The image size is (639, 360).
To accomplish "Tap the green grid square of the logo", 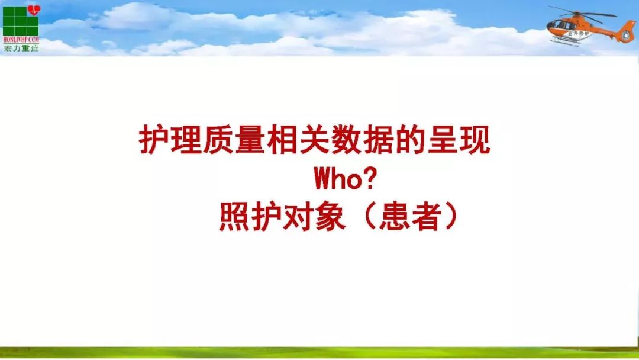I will click(x=18, y=24).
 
